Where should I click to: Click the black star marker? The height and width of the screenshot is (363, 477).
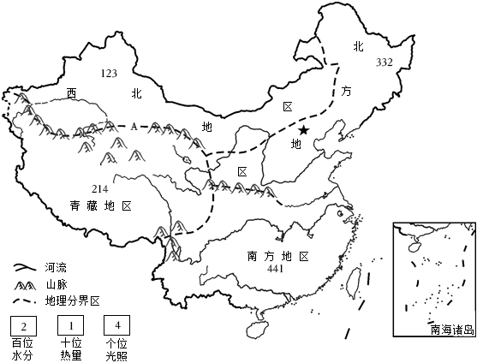[303, 130]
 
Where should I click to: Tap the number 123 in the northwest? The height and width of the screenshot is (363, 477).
[109, 74]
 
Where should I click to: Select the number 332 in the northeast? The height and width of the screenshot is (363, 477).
[385, 62]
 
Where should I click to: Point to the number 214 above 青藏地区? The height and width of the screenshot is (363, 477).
[100, 189]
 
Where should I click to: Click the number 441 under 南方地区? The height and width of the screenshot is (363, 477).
[275, 269]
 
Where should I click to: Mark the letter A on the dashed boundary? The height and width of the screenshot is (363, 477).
[134, 127]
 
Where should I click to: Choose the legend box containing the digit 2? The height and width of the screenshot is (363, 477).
[24, 325]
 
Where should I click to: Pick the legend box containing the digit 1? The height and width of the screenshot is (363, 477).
[71, 325]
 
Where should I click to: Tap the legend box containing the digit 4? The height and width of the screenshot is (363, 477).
[117, 325]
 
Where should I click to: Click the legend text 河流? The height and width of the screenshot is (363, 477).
[56, 268]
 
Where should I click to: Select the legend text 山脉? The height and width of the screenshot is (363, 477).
[57, 285]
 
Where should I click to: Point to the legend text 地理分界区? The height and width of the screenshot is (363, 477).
[72, 301]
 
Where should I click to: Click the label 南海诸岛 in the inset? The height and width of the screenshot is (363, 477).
[452, 330]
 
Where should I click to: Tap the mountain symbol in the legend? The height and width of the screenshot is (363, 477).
[25, 286]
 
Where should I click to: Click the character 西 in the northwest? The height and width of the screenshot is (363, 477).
[72, 93]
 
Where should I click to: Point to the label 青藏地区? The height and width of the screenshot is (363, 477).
[101, 206]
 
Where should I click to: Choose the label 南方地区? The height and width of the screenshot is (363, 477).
[278, 256]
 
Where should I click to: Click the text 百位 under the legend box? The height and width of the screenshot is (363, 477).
[22, 343]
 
